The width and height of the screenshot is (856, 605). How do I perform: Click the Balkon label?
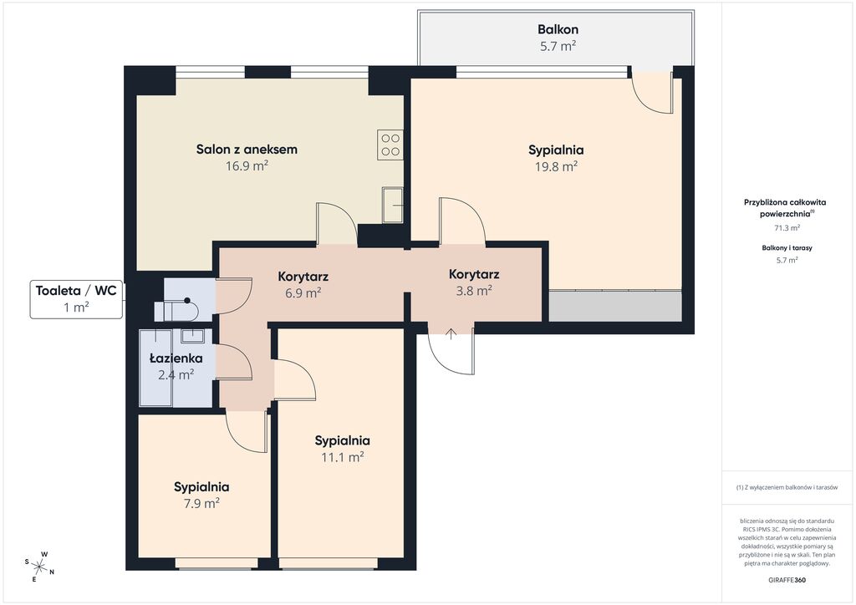tap(558, 29)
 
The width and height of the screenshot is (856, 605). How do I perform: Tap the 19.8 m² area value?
tap(556, 166)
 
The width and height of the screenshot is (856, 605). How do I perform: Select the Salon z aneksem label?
tap(247, 149)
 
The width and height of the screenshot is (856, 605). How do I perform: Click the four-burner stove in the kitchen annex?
tap(390, 145)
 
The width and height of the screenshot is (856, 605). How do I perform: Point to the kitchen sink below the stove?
tap(393, 205)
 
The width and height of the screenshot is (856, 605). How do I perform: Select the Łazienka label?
tap(176, 358)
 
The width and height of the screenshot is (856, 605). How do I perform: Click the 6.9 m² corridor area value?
tap(303, 293)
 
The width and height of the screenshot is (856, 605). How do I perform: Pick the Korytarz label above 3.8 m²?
tap(474, 274)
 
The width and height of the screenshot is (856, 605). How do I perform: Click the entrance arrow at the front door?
tap(451, 334)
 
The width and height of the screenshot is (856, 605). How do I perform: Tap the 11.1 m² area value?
tap(342, 457)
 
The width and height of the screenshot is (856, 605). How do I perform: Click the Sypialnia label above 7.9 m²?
tap(201, 486)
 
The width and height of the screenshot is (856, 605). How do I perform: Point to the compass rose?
tap(39, 567)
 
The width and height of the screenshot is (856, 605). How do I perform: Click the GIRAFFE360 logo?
tap(787, 580)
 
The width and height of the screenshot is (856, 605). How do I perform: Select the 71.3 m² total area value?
tap(787, 228)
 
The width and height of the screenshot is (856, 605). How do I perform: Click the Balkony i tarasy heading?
tap(787, 247)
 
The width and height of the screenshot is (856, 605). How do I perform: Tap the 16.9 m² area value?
tap(247, 165)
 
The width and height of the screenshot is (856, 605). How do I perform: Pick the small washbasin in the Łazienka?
tap(193, 335)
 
